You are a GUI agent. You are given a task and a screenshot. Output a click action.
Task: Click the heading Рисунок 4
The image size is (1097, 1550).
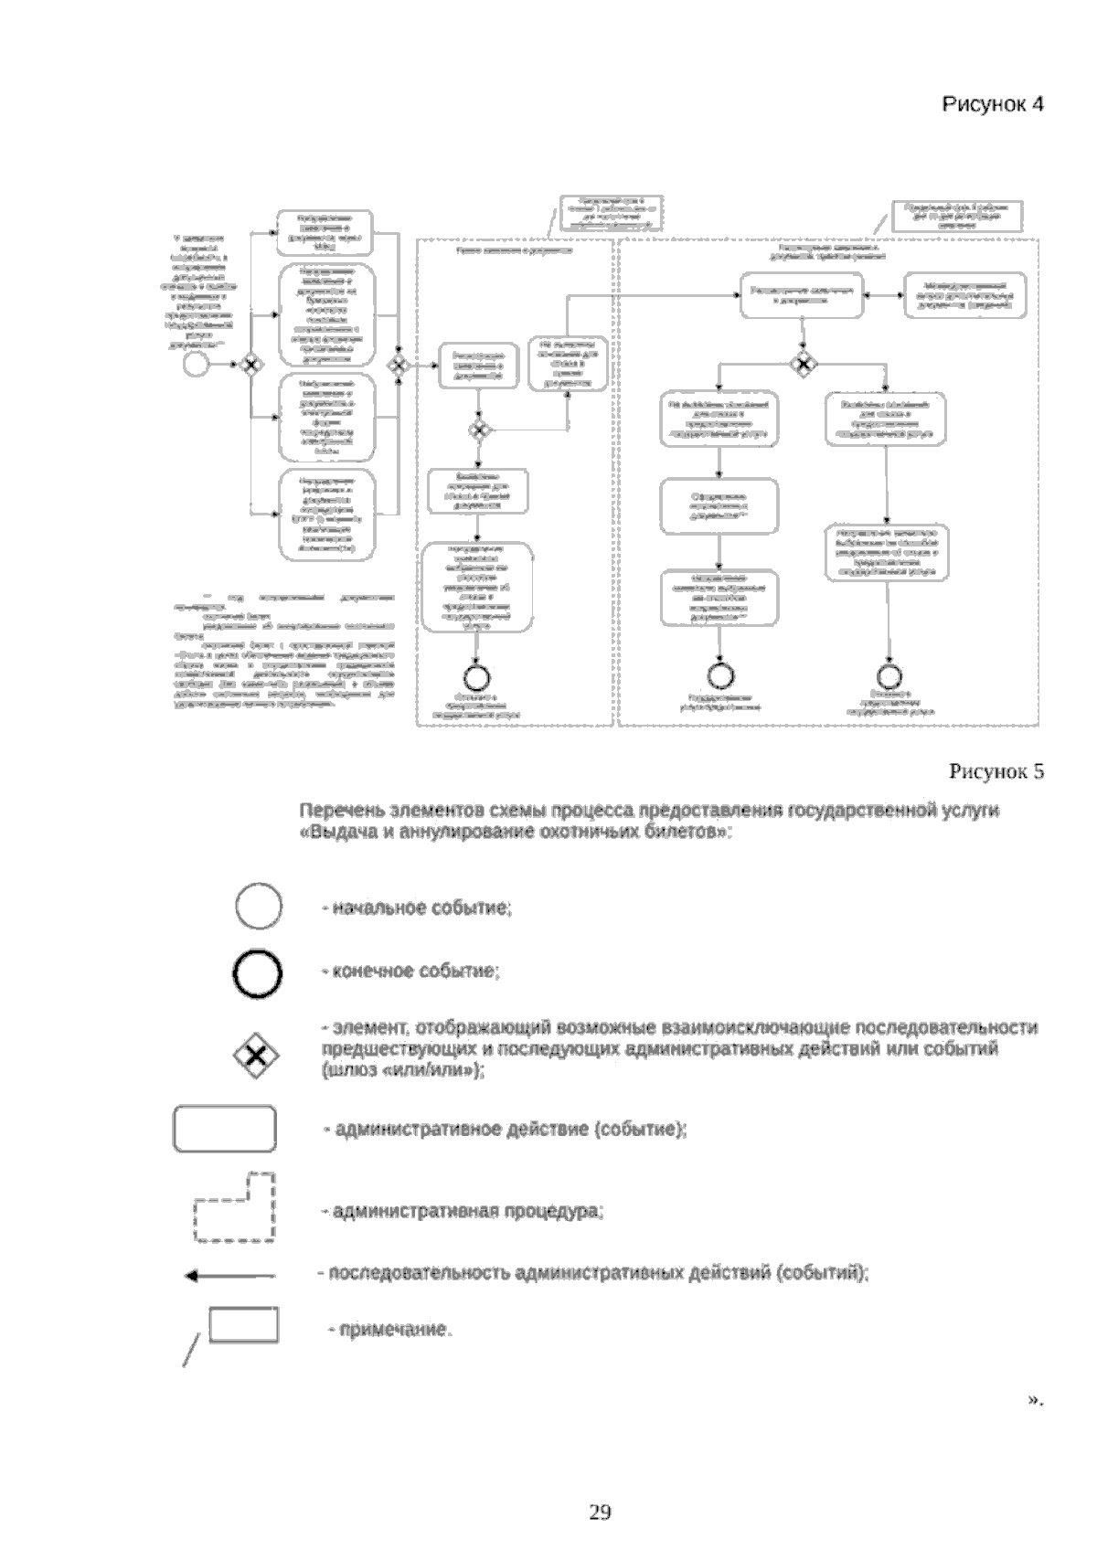click(x=993, y=104)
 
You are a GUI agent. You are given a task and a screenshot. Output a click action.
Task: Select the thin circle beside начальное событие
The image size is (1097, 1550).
click(x=259, y=908)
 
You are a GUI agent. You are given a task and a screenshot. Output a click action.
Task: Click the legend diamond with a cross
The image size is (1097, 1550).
click(x=258, y=1056)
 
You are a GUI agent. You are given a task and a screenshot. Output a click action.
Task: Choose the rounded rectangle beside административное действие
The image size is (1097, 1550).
click(x=225, y=1130)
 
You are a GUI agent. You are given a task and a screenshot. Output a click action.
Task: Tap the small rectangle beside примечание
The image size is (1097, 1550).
click(x=244, y=1324)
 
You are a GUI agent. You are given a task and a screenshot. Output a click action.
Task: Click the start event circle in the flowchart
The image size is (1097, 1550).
click(x=196, y=364)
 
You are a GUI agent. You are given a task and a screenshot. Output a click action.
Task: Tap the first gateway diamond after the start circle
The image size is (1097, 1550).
click(x=250, y=364)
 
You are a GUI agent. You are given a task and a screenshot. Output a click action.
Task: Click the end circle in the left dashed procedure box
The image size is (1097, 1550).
click(x=477, y=676)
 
